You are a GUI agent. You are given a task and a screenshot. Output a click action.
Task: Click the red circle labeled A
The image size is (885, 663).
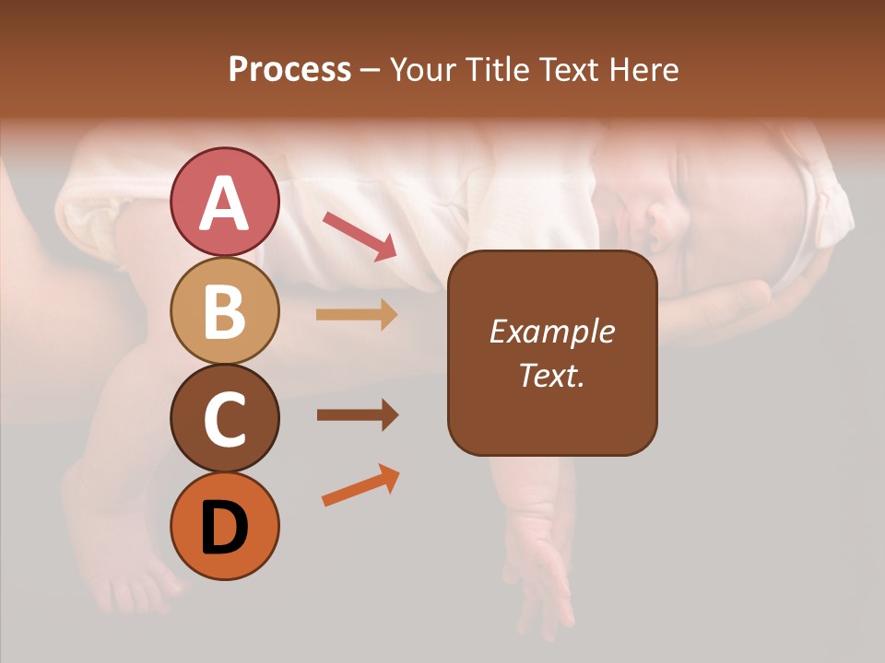pos(224,202)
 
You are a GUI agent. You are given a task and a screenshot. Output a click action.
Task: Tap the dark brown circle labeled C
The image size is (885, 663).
pos(224,419)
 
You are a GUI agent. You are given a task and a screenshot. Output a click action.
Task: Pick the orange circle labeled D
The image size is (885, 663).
pos(224,527)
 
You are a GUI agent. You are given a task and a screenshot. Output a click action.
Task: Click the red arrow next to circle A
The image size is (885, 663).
pos(360,235)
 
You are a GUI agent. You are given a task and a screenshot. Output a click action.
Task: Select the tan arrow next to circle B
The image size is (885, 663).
pos(357,315)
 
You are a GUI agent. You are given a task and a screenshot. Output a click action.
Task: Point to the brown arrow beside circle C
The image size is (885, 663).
pos(358,415)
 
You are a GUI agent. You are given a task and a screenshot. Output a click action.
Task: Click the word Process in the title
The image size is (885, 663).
pos(289,69)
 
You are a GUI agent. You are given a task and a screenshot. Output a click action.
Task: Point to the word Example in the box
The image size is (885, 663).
pos(551,331)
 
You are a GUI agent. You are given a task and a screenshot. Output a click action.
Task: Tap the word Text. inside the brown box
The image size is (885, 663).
pos(551,376)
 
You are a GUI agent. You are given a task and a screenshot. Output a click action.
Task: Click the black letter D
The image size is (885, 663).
pos(224,529)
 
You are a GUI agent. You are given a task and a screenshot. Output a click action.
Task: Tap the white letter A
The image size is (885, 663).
pos(224,204)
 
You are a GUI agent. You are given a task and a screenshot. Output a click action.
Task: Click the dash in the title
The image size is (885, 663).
pos(371,71)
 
